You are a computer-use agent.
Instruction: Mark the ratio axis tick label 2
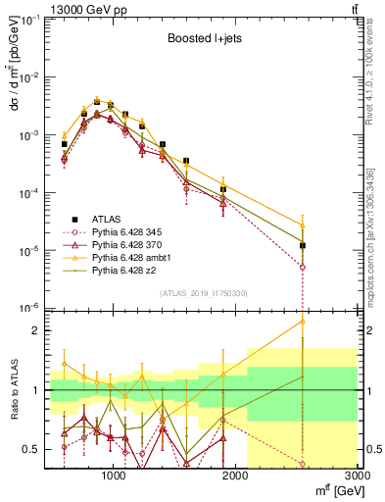35,330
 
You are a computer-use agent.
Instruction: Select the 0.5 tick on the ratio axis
31,449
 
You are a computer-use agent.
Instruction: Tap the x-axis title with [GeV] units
335,492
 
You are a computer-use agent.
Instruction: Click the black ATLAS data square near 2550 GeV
303,245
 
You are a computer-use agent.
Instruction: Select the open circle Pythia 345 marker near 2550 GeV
303,267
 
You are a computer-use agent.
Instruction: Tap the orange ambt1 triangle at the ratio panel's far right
303,321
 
